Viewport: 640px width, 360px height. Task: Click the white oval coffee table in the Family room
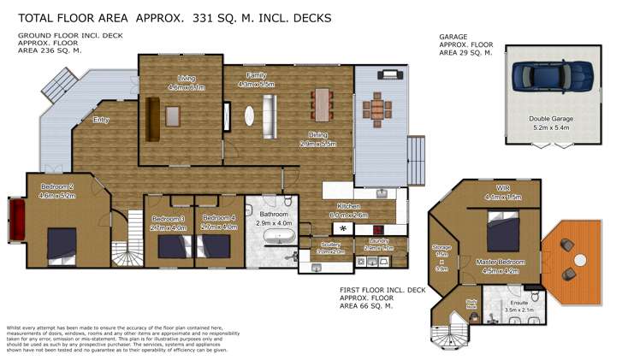click(250, 115)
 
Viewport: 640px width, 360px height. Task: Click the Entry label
click(100, 120)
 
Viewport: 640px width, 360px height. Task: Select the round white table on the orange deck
click(580, 258)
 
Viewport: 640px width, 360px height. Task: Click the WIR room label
click(501, 187)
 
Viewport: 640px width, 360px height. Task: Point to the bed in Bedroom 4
click(217, 246)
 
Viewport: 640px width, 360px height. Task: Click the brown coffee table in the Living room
click(174, 115)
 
